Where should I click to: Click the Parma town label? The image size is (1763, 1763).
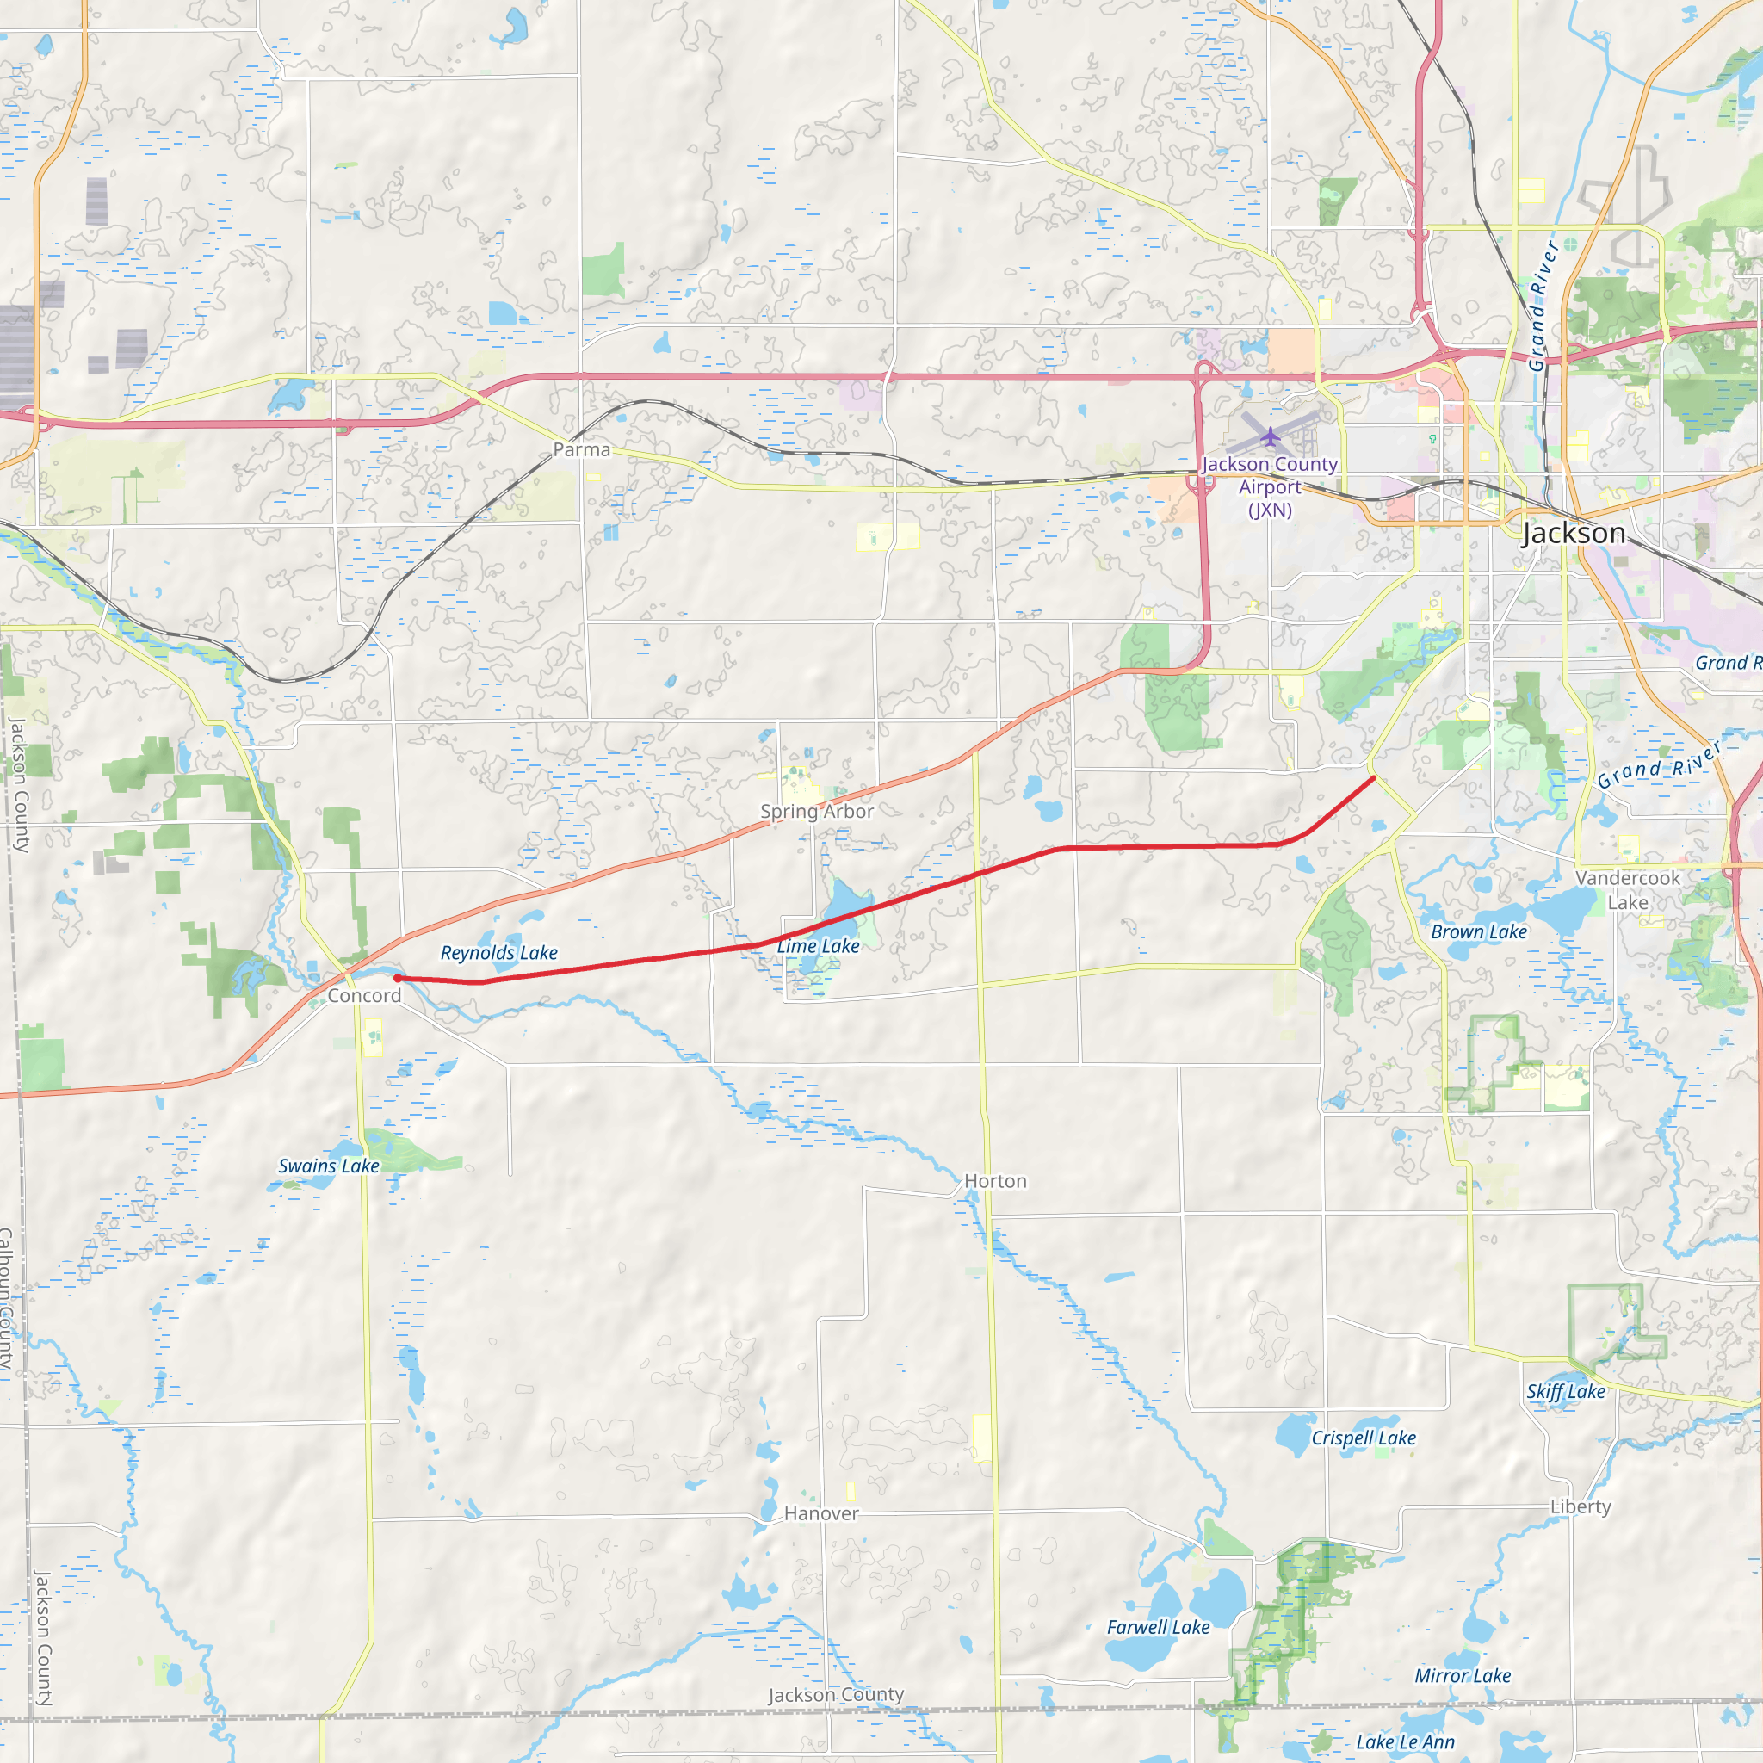pyautogui.click(x=581, y=450)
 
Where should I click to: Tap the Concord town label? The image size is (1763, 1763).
pyautogui.click(x=364, y=996)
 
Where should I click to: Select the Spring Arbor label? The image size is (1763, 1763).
pyautogui.click(x=817, y=811)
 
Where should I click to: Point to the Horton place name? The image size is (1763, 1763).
pyautogui.click(x=996, y=1182)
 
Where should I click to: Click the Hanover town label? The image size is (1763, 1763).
pyautogui.click(x=821, y=1514)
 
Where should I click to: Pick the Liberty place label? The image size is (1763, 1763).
pyautogui.click(x=1581, y=1506)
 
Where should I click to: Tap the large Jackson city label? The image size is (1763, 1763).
pyautogui.click(x=1574, y=533)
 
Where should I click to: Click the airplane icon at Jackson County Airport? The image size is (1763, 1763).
pyautogui.click(x=1271, y=436)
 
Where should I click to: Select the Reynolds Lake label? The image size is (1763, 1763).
pyautogui.click(x=499, y=953)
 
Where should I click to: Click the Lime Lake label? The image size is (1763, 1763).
pyautogui.click(x=818, y=946)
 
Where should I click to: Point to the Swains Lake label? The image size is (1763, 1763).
pyautogui.click(x=329, y=1166)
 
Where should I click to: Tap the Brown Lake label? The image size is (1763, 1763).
pyautogui.click(x=1479, y=931)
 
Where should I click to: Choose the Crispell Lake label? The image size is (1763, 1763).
pyautogui.click(x=1364, y=1438)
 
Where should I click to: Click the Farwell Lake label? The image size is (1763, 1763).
pyautogui.click(x=1158, y=1627)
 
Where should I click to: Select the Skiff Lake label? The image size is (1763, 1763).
pyautogui.click(x=1566, y=1392)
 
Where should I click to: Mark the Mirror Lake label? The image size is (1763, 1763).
pyautogui.click(x=1463, y=1675)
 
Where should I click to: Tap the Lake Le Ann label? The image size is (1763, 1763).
pyautogui.click(x=1405, y=1742)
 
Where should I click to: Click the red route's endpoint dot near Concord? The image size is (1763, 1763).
pyautogui.click(x=397, y=978)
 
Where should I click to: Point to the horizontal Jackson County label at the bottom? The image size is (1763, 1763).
pyautogui.click(x=836, y=1694)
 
